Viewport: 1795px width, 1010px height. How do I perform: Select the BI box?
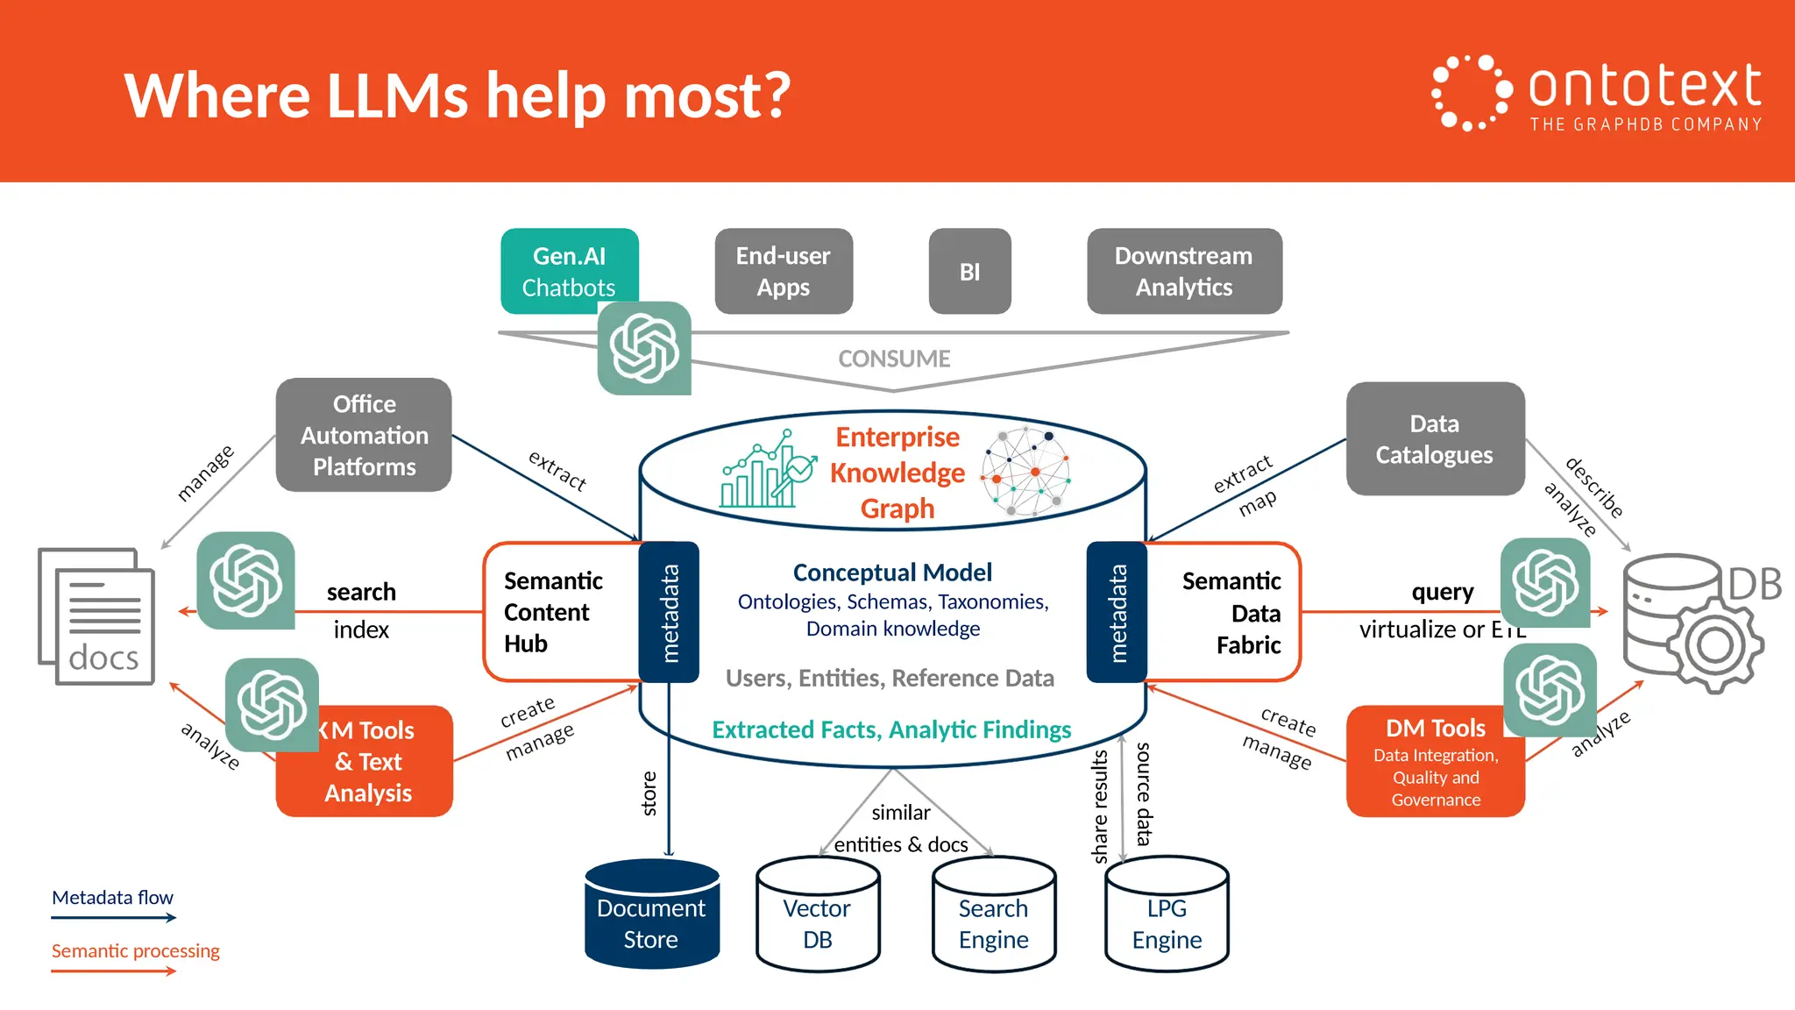tap(969, 272)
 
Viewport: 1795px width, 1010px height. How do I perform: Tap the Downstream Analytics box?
tap(1184, 272)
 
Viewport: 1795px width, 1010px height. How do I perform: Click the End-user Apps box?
tap(784, 272)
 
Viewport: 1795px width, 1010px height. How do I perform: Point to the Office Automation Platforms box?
tap(364, 435)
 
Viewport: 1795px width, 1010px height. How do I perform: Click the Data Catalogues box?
tap(1435, 438)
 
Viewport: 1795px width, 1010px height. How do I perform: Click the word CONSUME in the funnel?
tap(894, 359)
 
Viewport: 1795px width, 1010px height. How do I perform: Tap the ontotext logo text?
tap(1644, 87)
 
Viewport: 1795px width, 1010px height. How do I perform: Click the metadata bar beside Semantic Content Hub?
tap(669, 612)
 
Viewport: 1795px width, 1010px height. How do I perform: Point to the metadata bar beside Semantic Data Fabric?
tap(1117, 612)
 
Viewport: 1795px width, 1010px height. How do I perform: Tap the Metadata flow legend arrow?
tap(113, 918)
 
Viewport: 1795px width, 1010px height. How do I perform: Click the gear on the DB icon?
tap(1714, 646)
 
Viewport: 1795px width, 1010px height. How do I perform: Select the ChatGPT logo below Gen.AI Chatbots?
tap(644, 348)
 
